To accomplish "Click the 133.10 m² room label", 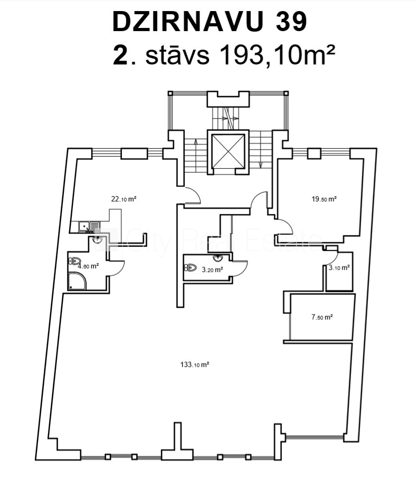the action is point(195,364).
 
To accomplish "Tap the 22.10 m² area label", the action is point(124,199).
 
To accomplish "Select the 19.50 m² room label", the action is point(324,199).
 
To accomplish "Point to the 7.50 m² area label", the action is point(322,317).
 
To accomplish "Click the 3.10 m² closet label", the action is point(339,267).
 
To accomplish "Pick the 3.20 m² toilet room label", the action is point(212,270).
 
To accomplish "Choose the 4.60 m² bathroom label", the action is point(88,266).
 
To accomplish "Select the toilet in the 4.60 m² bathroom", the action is point(75,261).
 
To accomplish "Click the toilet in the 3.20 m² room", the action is point(191,267).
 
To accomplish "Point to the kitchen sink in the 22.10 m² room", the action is point(89,226).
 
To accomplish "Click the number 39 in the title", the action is point(291,22).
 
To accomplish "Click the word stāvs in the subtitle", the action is point(177,55).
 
